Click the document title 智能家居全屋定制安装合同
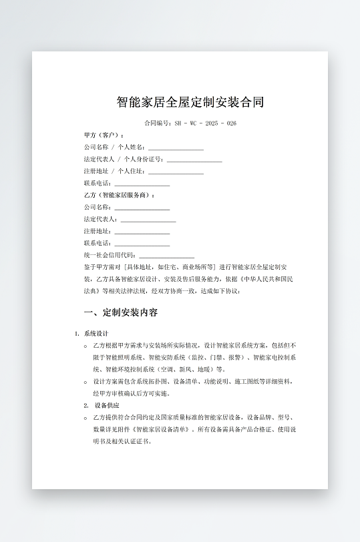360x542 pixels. [x=190, y=102]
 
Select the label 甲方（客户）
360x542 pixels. [x=104, y=135]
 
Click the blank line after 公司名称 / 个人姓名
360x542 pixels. [x=176, y=148]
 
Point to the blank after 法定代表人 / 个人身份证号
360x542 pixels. [x=194, y=160]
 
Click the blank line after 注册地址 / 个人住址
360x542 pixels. [x=176, y=172]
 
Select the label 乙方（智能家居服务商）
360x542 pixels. [x=119, y=196]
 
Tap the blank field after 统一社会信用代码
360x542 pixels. [x=166, y=256]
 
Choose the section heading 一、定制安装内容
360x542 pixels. [x=121, y=312]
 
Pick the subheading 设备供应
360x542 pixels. [x=107, y=405]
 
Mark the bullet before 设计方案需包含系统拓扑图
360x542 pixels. [x=85, y=382]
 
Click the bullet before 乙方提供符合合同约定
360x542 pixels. [x=85, y=418]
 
